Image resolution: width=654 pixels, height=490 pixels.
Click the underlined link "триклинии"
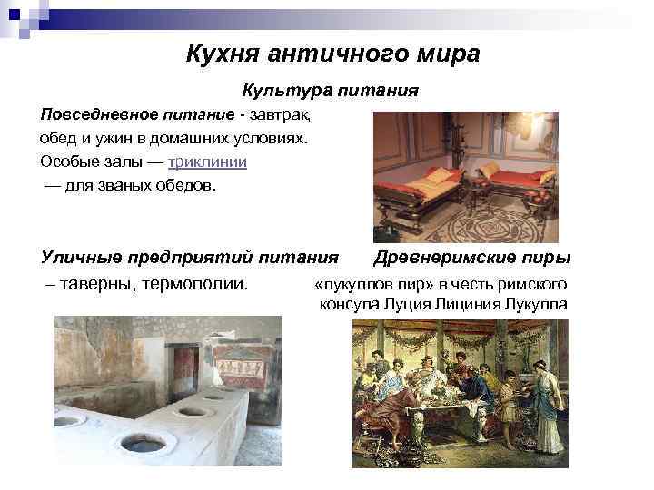208,162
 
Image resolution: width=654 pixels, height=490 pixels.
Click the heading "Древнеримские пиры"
471,258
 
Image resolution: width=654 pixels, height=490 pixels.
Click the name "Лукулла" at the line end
537,304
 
